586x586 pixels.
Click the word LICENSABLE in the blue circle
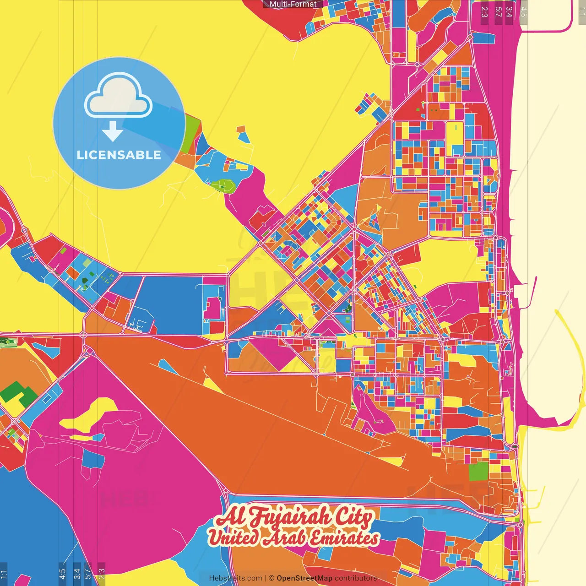pyautogui.click(x=119, y=155)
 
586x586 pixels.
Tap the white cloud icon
pyautogui.click(x=118, y=95)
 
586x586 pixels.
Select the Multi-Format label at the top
pyautogui.click(x=293, y=4)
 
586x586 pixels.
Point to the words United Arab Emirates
pyautogui.click(x=293, y=538)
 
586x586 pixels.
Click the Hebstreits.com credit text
pyautogui.click(x=235, y=578)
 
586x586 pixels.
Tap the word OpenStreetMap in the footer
pyautogui.click(x=304, y=578)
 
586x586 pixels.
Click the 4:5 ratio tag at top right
pyautogui.click(x=524, y=11)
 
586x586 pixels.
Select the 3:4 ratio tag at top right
pyautogui.click(x=509, y=11)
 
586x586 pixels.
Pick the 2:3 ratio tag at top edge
pyautogui.click(x=484, y=11)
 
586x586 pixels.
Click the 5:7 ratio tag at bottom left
pyautogui.click(x=87, y=574)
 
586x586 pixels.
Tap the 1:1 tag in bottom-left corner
pyautogui.click(x=4, y=574)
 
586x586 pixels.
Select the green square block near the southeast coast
pyautogui.click(x=478, y=471)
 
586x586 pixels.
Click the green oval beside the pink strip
pyautogui.click(x=222, y=185)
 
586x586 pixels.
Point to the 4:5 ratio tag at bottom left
pyautogui.click(x=62, y=574)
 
